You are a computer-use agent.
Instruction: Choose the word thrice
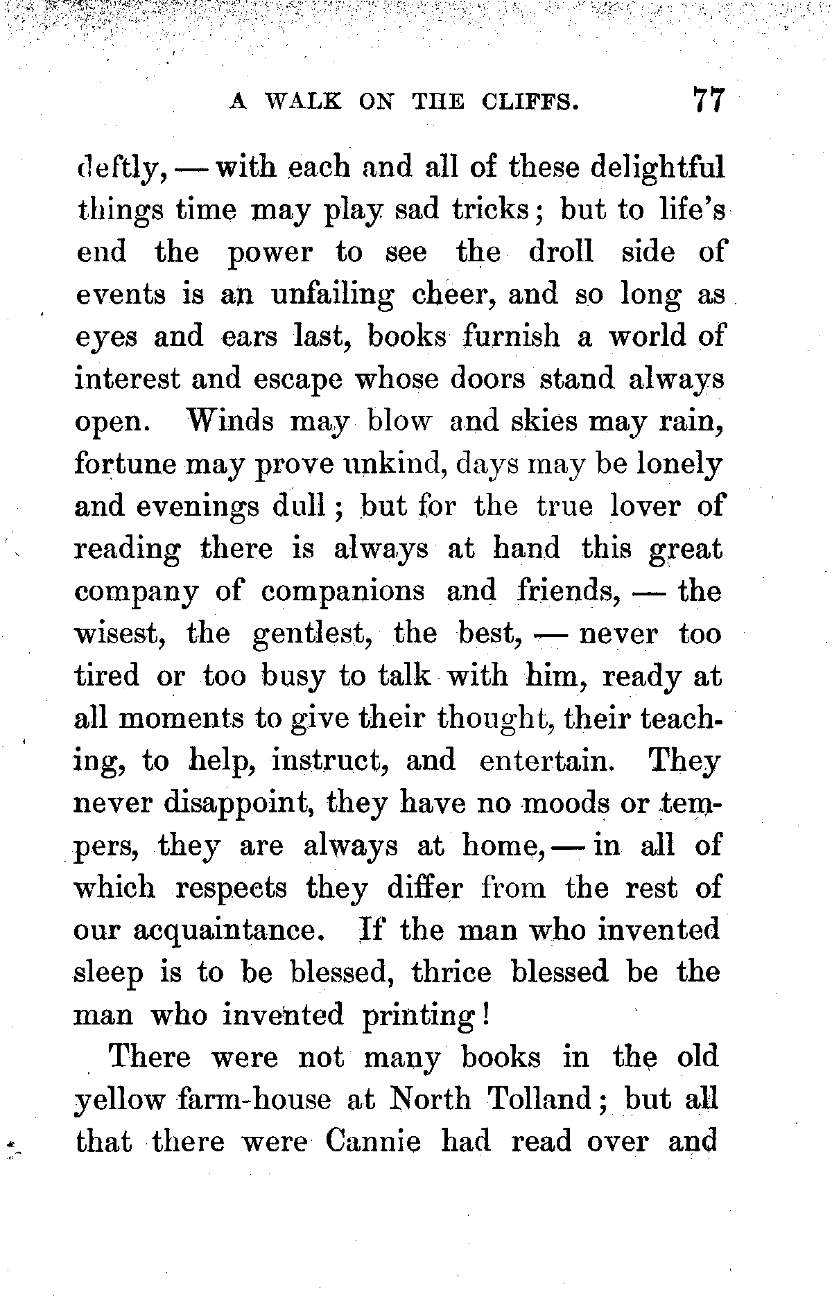(x=451, y=973)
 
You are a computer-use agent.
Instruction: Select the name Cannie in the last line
(x=373, y=1142)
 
